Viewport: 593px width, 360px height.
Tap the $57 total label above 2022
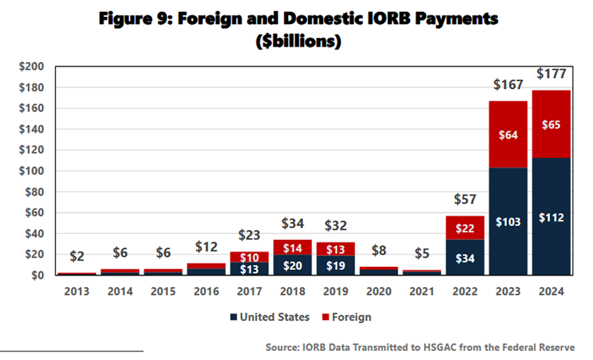[465, 199]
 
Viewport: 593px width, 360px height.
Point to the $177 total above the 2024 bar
[552, 74]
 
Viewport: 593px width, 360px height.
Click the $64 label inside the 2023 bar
[508, 135]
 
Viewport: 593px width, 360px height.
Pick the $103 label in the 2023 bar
[508, 222]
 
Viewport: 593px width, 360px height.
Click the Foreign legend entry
[348, 317]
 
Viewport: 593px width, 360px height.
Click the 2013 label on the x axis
[77, 291]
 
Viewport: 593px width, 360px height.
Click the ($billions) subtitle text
[296, 41]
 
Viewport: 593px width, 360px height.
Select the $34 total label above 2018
[292, 223]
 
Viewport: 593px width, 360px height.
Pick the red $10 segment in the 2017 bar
[249, 257]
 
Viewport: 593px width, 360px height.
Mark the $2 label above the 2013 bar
[77, 256]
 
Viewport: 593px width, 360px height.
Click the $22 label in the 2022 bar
[465, 228]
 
